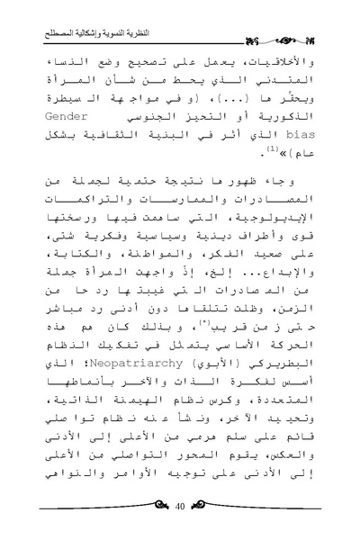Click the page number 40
point(180,509)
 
